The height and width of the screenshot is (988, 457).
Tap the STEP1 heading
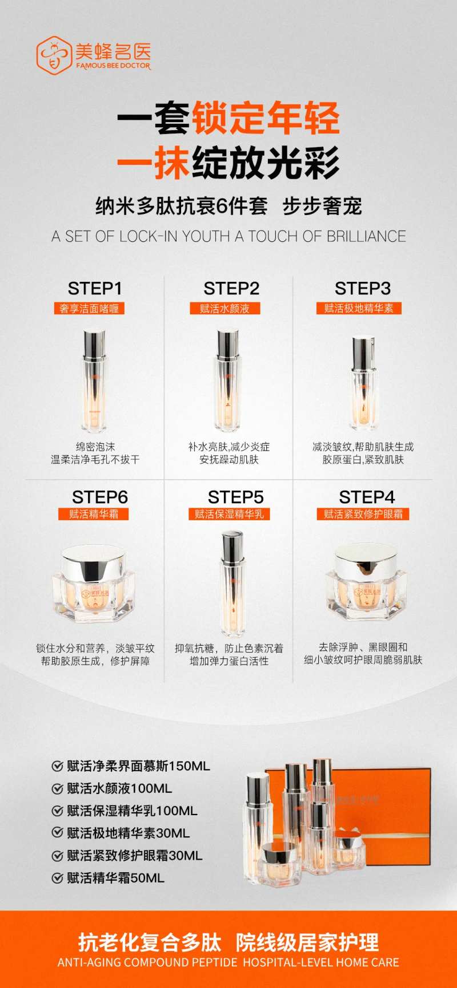pos(95,289)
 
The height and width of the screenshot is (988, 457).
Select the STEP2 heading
pos(231,289)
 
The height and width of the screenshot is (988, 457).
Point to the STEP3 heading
pos(363,289)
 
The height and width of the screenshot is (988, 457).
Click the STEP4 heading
pos(367,497)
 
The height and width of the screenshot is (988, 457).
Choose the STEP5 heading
pos(235,497)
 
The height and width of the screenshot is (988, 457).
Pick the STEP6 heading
pos(100,497)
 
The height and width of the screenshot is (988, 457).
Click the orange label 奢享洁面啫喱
pos(89,309)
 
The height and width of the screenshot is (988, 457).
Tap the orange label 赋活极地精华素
pos(359,309)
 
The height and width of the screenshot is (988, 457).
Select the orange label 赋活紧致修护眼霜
pos(363,514)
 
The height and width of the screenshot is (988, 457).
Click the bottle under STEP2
pos(228,380)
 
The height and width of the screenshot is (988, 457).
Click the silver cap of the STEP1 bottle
pos(94,345)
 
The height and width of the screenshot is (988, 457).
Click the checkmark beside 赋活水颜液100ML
pos(57,789)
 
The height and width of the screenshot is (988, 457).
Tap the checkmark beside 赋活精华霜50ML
pos(57,878)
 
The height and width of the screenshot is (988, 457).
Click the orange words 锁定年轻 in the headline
pos(266,118)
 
